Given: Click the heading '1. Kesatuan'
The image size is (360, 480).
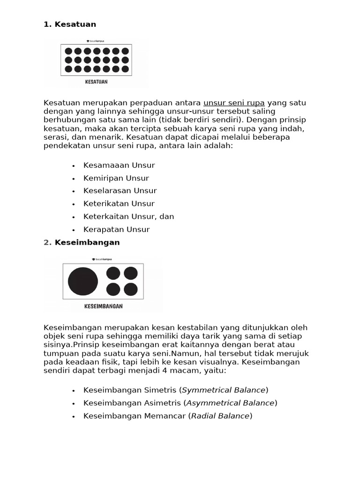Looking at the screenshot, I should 70,24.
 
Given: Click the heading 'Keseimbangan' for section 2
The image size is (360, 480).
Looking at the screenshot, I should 87,242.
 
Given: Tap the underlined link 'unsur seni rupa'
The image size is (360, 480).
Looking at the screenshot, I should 234,103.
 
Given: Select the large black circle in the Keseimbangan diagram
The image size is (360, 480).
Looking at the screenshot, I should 83,281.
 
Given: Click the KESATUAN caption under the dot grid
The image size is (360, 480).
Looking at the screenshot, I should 96,82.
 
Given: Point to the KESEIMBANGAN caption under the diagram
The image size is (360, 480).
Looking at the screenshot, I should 103,306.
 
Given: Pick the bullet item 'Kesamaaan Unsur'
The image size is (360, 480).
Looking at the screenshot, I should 119,165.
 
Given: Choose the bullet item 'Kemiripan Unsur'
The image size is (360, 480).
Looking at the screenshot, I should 116,178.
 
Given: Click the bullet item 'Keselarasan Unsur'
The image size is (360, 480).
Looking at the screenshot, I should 120,191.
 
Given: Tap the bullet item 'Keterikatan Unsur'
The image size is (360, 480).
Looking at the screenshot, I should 119,203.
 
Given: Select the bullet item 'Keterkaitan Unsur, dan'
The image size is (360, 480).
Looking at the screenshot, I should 128,217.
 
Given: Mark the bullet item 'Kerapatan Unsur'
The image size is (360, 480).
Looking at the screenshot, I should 116,229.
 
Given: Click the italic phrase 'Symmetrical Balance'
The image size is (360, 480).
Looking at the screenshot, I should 224,390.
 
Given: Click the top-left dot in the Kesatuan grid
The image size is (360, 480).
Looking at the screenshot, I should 68,51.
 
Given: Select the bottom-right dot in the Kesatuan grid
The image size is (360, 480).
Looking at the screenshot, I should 125,69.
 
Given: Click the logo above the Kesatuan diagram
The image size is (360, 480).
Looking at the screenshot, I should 96,41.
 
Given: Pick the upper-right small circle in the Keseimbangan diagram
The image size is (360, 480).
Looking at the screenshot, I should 131,273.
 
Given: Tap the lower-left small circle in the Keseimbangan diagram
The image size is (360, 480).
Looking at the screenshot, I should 113,289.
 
